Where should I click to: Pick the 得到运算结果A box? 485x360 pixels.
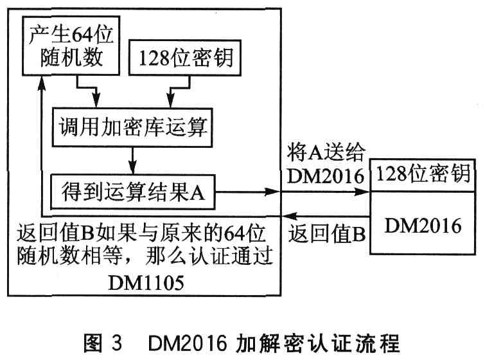133,191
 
